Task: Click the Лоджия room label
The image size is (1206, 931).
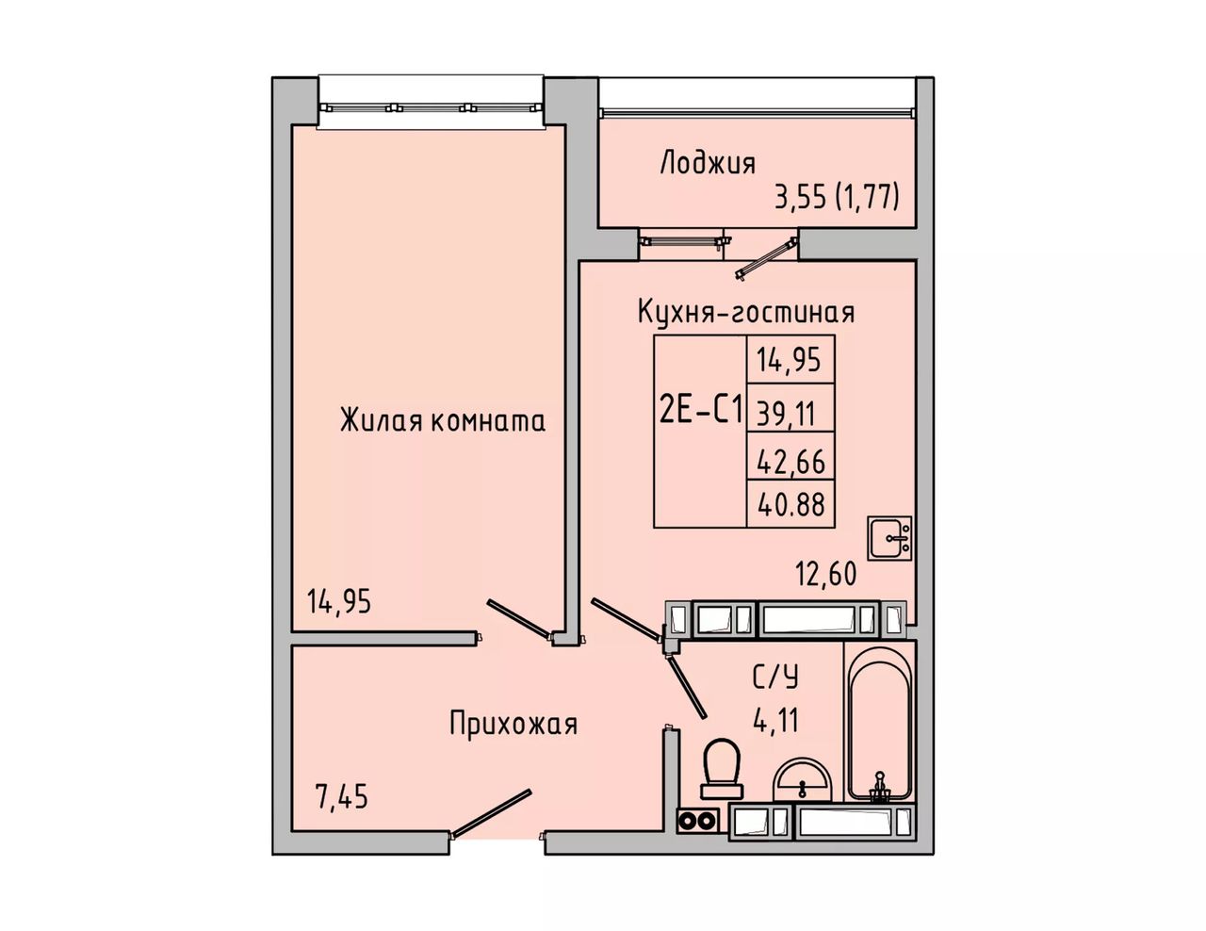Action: pyautogui.click(x=708, y=164)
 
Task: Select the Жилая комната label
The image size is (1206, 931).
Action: pyautogui.click(x=442, y=422)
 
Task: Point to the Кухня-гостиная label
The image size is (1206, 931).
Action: pyautogui.click(x=746, y=313)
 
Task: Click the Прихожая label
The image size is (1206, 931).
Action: pyautogui.click(x=513, y=725)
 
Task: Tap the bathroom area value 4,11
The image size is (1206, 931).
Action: pyautogui.click(x=775, y=720)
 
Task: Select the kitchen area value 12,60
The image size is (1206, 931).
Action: pyautogui.click(x=826, y=573)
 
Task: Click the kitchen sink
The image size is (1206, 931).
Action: pyautogui.click(x=890, y=537)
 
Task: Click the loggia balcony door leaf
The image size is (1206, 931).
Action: pyautogui.click(x=766, y=257)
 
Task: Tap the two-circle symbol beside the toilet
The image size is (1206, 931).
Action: pyautogui.click(x=697, y=821)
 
